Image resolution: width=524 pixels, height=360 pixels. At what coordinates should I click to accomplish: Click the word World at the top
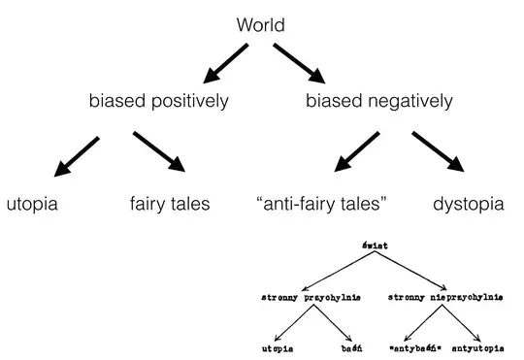point(261,25)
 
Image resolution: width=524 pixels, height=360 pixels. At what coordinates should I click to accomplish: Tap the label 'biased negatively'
point(378,101)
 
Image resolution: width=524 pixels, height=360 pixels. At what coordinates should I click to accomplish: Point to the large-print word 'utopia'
point(32,205)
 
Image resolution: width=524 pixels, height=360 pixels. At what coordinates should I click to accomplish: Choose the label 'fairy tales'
point(170,205)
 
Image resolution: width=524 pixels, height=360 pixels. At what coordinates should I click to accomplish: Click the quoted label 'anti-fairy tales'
point(321,205)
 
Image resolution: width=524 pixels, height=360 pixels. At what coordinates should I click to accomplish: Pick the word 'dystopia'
point(468,205)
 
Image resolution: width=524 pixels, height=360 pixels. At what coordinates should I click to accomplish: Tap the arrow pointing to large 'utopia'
point(75,156)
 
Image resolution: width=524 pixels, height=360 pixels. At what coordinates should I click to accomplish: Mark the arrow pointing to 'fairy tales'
point(158,155)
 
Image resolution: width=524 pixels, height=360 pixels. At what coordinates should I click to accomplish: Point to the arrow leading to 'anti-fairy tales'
point(358,155)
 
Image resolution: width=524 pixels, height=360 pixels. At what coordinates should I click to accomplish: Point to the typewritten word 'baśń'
point(351,346)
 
